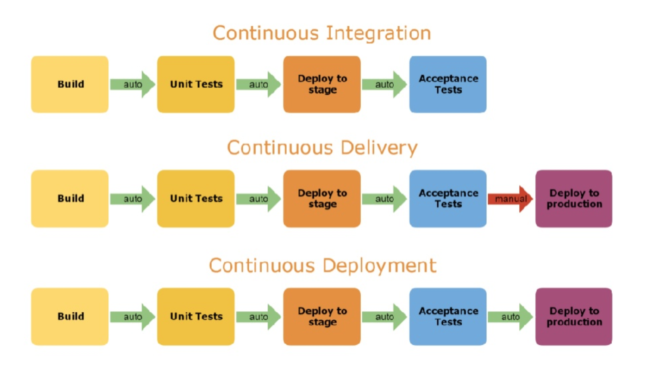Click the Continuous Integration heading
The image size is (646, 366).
(321, 33)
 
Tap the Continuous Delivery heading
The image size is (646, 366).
(322, 148)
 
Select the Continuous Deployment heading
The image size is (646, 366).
(322, 266)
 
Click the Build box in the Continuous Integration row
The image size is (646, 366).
(70, 84)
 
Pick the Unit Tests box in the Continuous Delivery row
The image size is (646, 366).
(196, 198)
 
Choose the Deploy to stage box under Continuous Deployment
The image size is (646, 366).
(322, 316)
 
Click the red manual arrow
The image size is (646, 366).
(510, 199)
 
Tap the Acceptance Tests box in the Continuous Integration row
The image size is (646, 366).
(448, 84)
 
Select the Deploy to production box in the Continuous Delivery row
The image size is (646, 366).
(574, 198)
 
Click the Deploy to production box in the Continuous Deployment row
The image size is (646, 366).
(574, 316)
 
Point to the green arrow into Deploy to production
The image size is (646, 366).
(510, 317)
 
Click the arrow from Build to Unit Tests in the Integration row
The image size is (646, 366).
(132, 84)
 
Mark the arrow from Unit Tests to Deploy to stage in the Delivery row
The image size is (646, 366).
(258, 199)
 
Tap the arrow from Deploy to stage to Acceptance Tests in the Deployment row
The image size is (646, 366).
(384, 317)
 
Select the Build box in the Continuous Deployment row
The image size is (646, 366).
(70, 316)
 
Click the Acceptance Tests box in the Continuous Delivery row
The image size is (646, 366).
(448, 198)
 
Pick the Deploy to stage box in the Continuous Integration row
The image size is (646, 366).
(322, 84)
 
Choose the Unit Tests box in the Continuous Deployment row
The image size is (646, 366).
(196, 316)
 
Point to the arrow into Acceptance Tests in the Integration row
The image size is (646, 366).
(384, 84)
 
